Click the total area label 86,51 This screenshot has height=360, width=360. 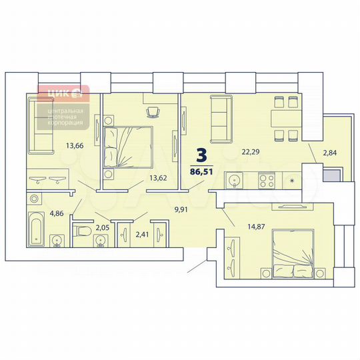coord(203,171)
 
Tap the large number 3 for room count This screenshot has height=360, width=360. coord(202,155)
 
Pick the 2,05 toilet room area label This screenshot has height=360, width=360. coord(103,229)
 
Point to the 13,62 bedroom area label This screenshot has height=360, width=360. coord(158,177)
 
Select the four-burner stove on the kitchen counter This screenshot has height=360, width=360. coord(267,180)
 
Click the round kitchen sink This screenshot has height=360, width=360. coord(235,180)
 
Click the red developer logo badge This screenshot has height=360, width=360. coord(63,93)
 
